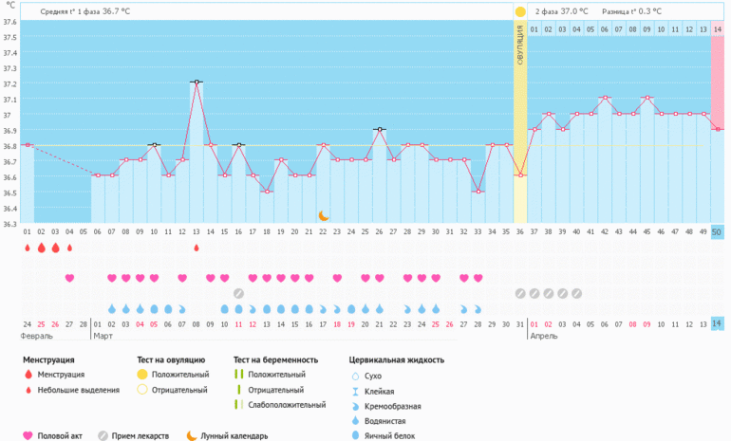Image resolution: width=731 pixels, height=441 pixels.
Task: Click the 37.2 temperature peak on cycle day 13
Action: tap(197, 83)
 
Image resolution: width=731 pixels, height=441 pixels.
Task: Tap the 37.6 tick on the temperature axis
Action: tap(9, 37)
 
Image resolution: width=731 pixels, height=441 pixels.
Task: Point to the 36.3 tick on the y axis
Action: tap(9, 224)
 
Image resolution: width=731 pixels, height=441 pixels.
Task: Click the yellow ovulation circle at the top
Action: tap(519, 11)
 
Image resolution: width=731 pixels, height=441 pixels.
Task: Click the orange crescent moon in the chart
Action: tap(324, 216)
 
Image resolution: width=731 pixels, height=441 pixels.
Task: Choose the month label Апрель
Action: tap(543, 336)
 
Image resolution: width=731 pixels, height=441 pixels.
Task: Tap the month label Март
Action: tap(104, 336)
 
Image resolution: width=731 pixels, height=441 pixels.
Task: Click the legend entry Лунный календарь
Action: tap(233, 435)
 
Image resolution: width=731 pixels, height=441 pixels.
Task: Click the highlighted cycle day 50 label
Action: tap(718, 232)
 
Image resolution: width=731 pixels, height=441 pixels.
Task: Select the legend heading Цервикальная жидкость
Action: tap(397, 360)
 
